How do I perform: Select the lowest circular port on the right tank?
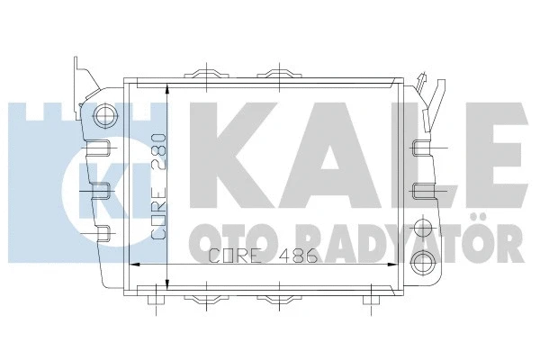click(x=421, y=262)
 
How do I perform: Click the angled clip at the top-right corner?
click(x=436, y=91)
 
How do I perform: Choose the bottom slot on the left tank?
click(x=103, y=233)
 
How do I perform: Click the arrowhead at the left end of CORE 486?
click(x=135, y=265)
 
